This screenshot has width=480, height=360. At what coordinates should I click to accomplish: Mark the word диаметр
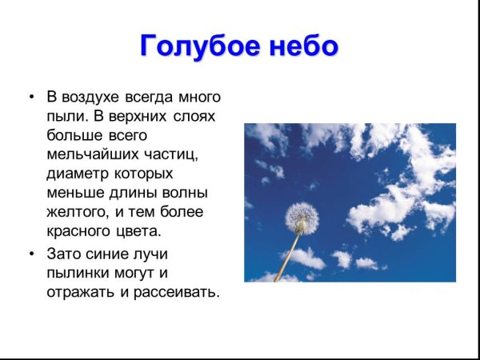click(78, 174)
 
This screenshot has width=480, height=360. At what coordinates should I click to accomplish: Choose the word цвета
click(141, 232)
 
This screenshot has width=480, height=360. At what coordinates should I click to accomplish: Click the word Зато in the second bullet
click(65, 254)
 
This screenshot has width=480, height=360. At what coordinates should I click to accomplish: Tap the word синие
click(111, 254)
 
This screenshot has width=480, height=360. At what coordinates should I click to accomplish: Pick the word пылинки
click(79, 273)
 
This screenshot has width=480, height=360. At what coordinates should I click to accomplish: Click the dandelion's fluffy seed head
click(302, 217)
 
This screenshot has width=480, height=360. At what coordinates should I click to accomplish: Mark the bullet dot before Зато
click(31, 254)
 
